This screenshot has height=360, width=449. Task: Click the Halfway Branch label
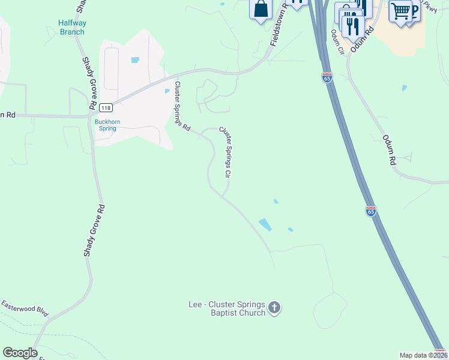71,27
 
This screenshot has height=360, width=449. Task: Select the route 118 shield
106,107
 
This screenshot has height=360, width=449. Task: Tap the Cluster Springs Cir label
225,151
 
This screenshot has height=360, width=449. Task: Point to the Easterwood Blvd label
24,309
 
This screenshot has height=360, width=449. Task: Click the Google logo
20,353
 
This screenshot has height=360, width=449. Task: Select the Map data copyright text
424,355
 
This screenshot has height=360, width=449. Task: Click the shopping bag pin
261,9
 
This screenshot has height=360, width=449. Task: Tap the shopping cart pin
400,11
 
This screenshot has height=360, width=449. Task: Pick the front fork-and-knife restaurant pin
352,25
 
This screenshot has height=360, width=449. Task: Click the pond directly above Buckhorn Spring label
167,91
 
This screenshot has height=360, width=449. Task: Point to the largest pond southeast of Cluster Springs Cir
265,225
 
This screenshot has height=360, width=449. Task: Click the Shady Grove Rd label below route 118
94,231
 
